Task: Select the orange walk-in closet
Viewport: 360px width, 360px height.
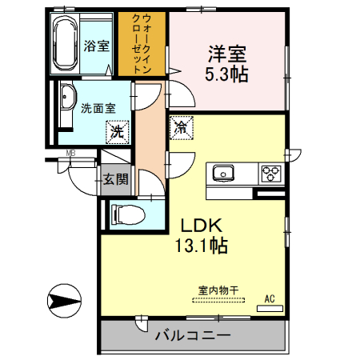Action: point(142,44)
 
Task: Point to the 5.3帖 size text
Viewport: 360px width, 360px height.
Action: point(228,75)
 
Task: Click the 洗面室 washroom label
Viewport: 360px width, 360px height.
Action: point(98,108)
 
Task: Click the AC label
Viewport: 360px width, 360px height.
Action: point(270,299)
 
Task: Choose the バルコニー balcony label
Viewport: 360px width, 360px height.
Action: point(193,336)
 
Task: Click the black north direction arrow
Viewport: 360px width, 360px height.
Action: point(64,302)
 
